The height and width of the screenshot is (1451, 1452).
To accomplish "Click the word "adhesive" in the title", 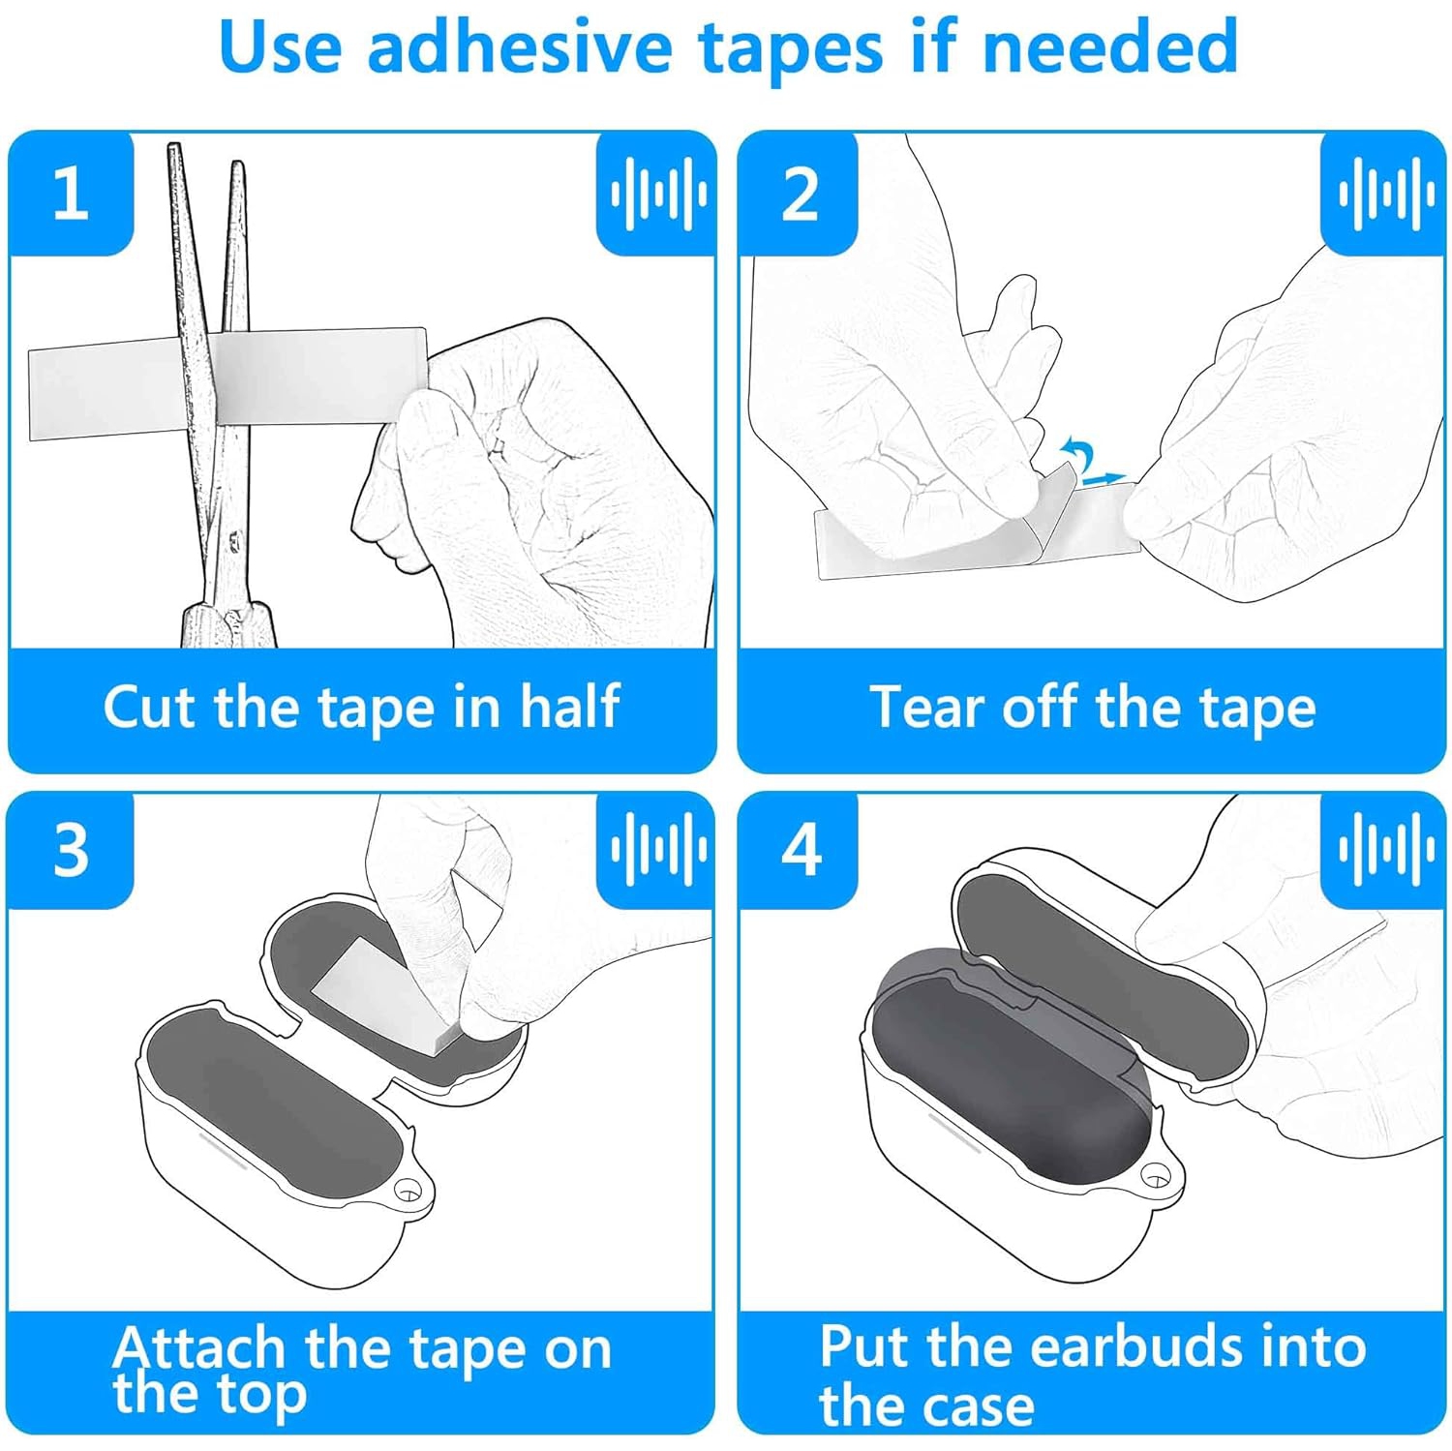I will coord(519,46).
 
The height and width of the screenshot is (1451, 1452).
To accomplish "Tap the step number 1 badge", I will coord(70,194).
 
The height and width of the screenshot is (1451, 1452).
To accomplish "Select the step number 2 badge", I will coord(800,194).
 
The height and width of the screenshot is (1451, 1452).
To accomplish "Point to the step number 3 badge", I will coord(71,850).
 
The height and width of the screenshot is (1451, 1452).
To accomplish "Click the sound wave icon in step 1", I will coord(657,194).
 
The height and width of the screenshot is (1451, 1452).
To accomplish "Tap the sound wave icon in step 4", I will coord(1385,850).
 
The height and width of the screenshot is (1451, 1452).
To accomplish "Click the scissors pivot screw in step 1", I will coord(233,535).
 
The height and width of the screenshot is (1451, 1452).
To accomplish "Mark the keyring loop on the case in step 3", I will coord(410,1190).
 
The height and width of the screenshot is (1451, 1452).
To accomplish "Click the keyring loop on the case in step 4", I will coord(1155,1176).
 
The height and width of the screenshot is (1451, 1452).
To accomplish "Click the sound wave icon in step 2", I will coord(1385,194).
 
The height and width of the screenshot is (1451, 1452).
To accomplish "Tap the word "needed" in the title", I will coord(1109,46).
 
